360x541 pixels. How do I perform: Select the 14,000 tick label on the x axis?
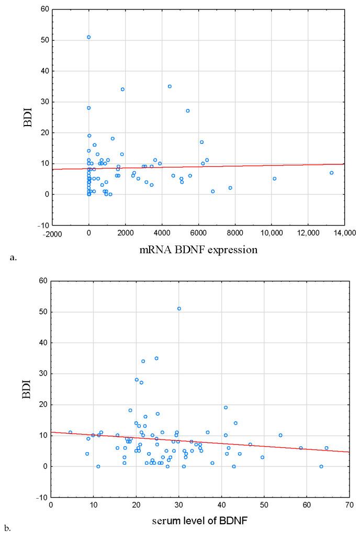tap(344, 233)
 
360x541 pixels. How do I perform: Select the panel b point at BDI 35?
tap(156, 358)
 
